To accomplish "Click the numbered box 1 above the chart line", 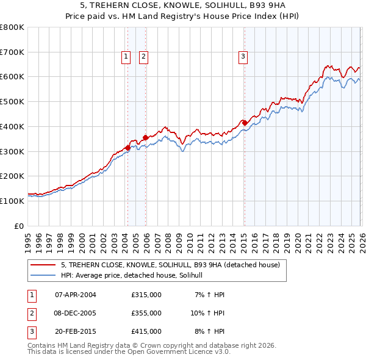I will [x=126, y=57].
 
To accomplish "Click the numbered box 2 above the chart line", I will [x=143, y=57].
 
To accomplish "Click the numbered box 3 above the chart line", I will [x=243, y=57].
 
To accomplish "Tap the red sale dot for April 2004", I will [x=127, y=147].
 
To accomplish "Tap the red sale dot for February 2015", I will [x=245, y=123].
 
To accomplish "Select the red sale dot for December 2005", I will [x=146, y=137].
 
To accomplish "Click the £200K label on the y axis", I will [x=12, y=176].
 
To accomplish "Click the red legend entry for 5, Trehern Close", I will [x=170, y=265].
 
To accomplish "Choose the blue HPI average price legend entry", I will [x=135, y=276].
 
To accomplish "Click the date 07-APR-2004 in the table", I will [x=76, y=295].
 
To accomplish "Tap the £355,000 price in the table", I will [x=146, y=313].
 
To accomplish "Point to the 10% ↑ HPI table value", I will [x=207, y=313].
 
